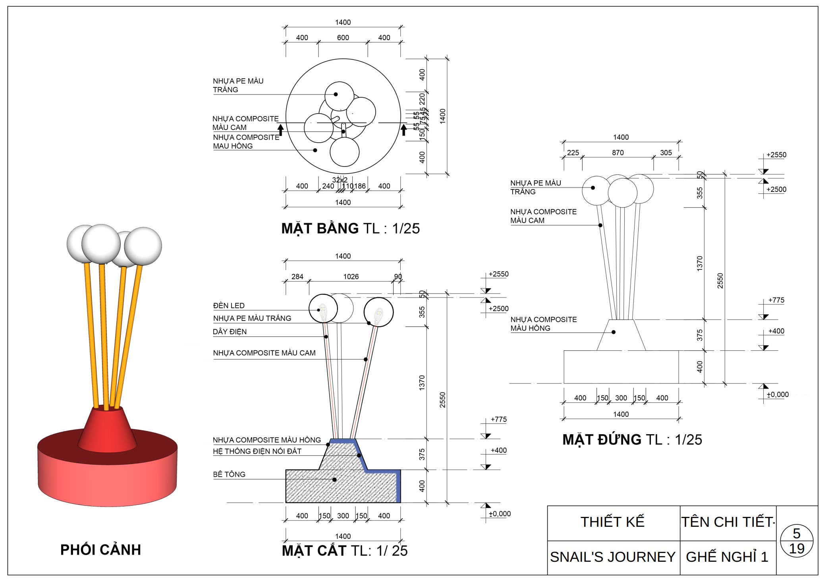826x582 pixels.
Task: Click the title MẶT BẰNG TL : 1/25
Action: click(350, 229)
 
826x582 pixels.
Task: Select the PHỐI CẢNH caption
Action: click(100, 550)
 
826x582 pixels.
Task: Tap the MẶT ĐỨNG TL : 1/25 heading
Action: click(632, 440)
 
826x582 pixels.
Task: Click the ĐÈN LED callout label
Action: click(229, 306)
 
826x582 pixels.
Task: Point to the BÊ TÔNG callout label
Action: click(229, 474)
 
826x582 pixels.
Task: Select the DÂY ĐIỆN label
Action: click(230, 332)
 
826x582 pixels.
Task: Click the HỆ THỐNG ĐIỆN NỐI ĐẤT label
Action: click(257, 451)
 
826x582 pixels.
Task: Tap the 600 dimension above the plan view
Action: click(343, 38)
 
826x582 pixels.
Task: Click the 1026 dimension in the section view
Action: click(351, 276)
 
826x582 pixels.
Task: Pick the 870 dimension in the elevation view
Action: click(618, 153)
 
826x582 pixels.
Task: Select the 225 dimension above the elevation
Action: click(573, 153)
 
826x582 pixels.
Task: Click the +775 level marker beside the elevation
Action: click(776, 300)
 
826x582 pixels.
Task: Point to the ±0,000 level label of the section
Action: click(500, 514)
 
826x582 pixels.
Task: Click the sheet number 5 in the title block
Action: click(796, 533)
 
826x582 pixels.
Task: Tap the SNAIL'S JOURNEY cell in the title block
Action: click(612, 557)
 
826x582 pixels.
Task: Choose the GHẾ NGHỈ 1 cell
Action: click(727, 557)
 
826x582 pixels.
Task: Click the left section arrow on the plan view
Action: click(280, 130)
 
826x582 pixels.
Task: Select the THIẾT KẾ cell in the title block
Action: click(612, 522)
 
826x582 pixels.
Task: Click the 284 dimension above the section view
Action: click(297, 276)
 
